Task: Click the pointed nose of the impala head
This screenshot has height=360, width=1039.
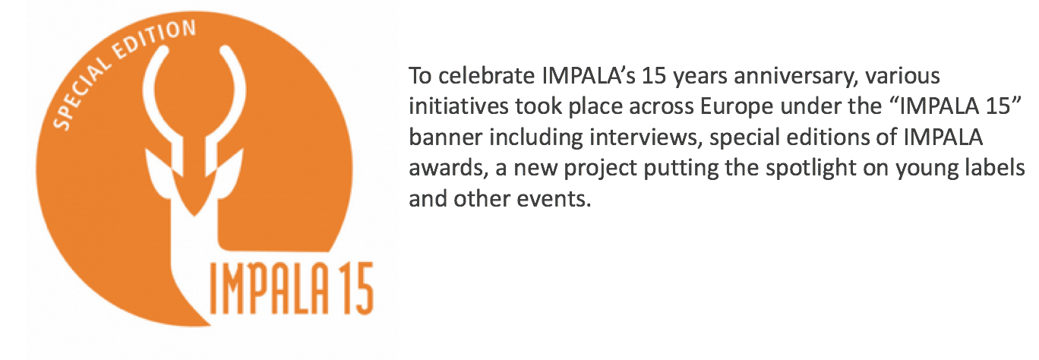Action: pos(194,211)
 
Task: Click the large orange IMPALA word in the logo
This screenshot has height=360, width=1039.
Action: pos(269,289)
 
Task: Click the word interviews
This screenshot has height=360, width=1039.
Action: pos(646,137)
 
